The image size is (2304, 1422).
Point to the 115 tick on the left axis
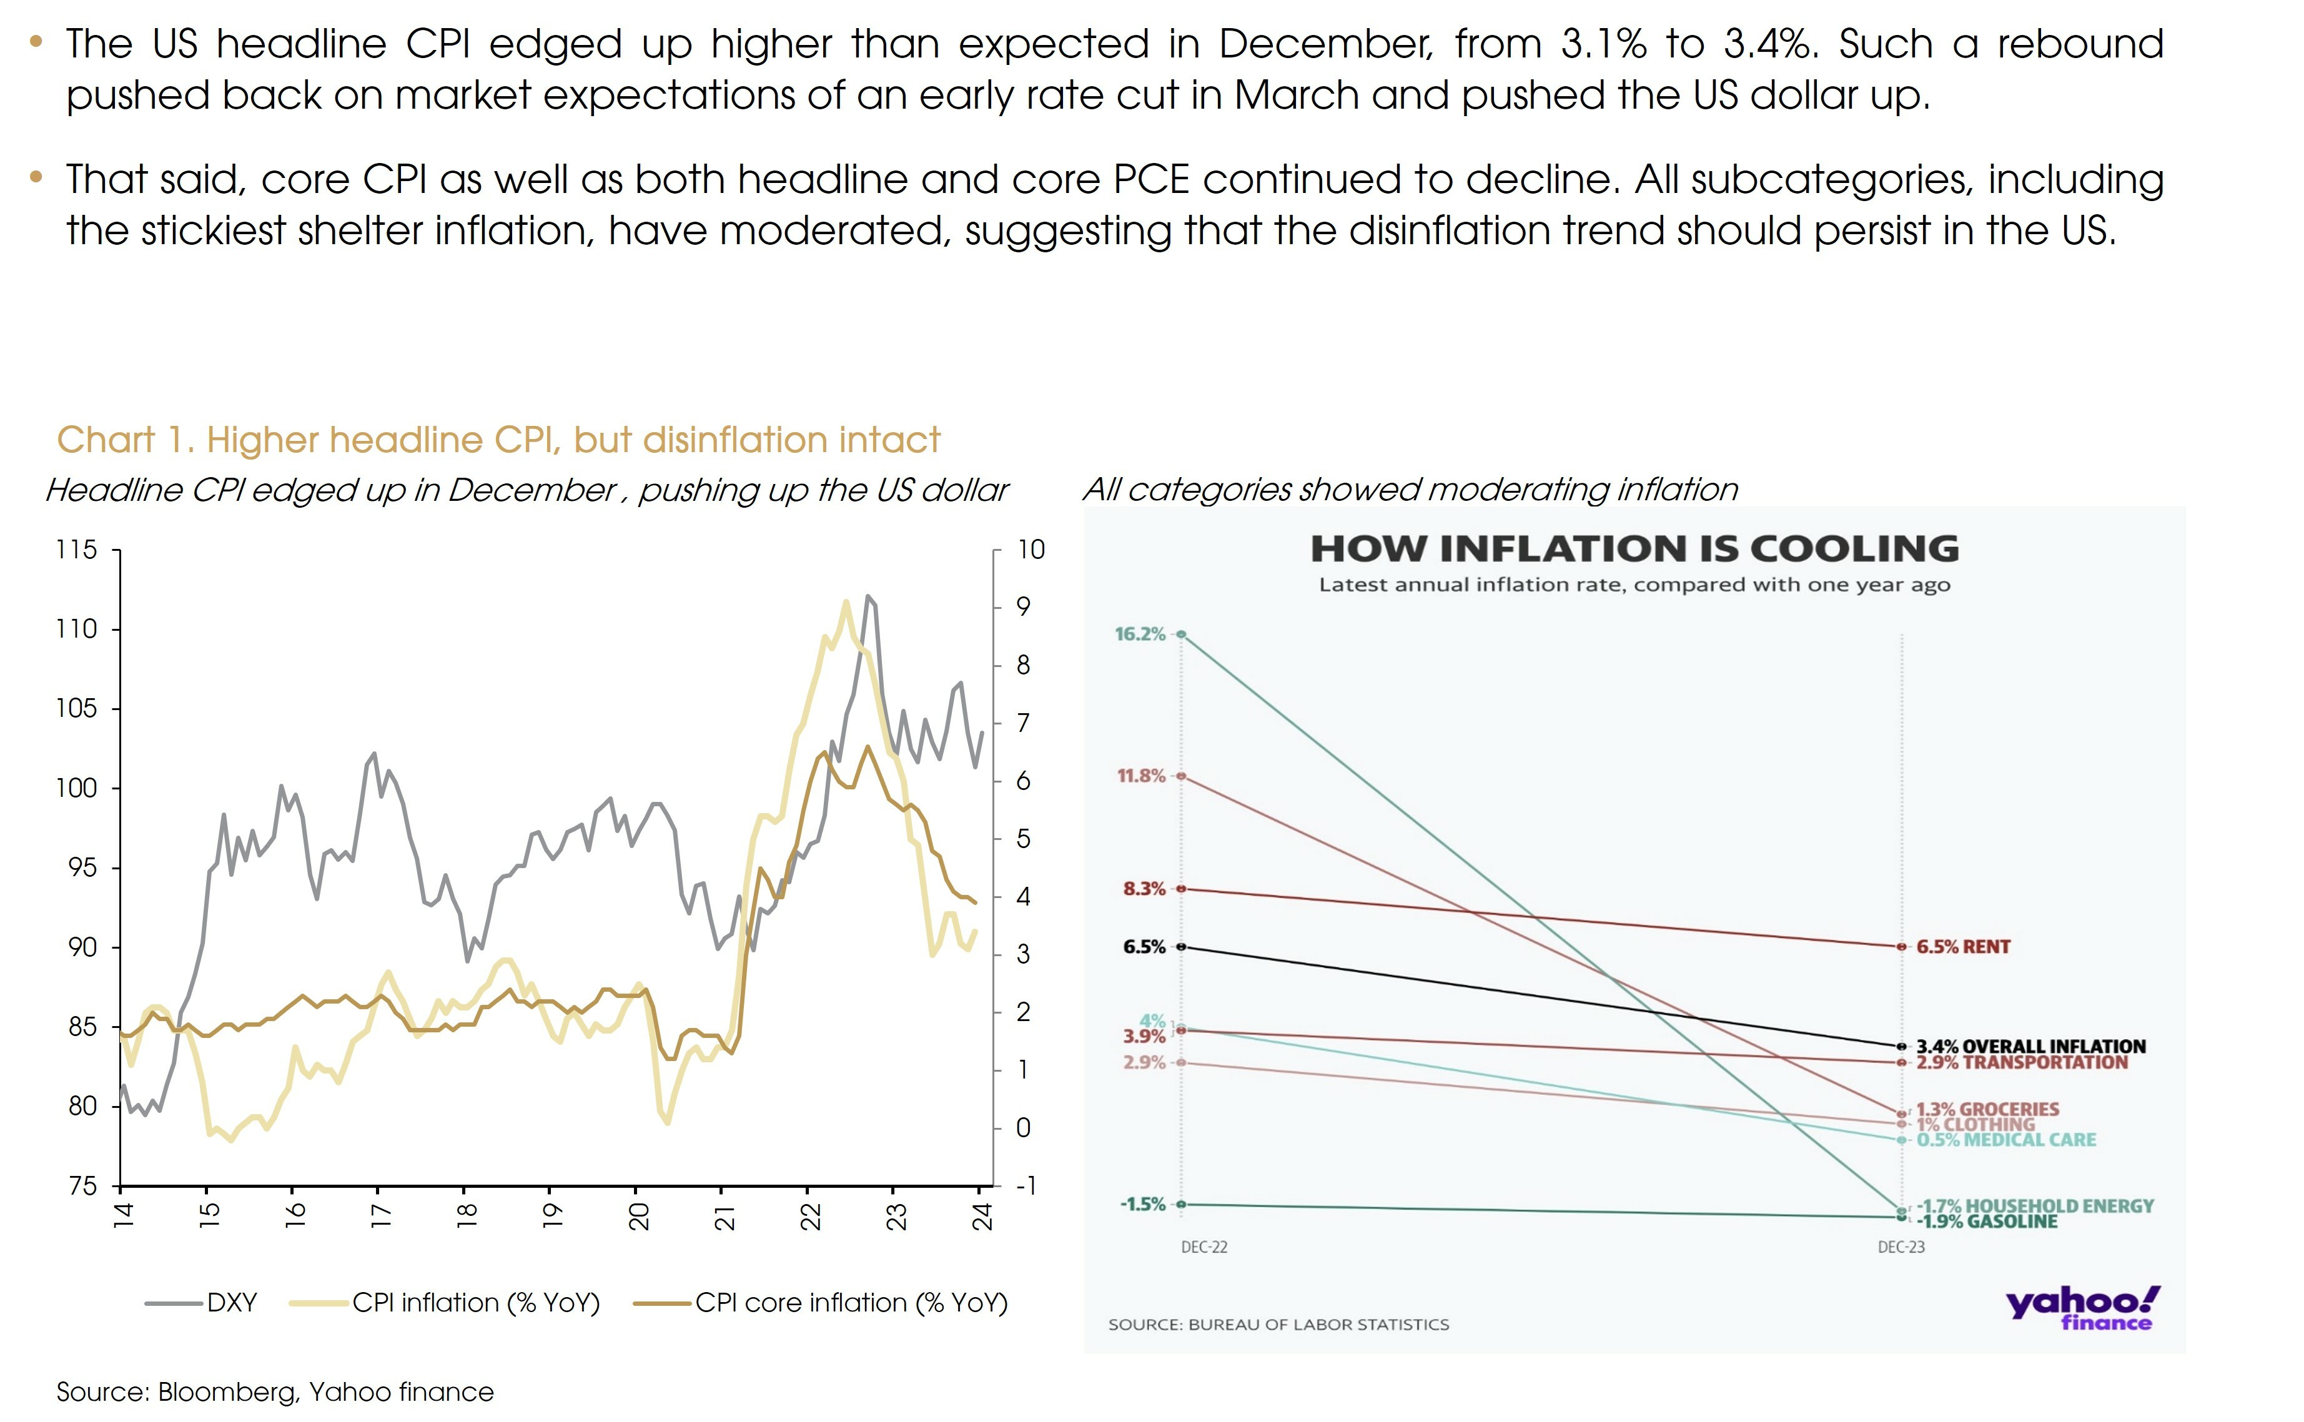pos(76,549)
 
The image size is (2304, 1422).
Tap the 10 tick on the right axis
pos(1031,549)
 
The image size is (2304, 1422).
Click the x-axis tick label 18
pos(467,1215)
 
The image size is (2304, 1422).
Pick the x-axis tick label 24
pos(982,1215)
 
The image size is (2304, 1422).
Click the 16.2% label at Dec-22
pos(1140,634)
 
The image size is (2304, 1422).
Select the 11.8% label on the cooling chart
pos(1140,776)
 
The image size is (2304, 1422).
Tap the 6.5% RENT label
pos(1962,947)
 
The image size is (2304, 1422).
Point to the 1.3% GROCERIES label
pos(1987,1109)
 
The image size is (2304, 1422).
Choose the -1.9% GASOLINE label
pos(1986,1222)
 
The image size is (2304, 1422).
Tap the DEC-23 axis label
pos(1901,1247)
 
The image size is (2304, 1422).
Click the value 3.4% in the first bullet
pos(1769,44)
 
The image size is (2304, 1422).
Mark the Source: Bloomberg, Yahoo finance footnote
pos(275,1392)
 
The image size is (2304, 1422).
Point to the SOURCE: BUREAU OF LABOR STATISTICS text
pos(1278,1324)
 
